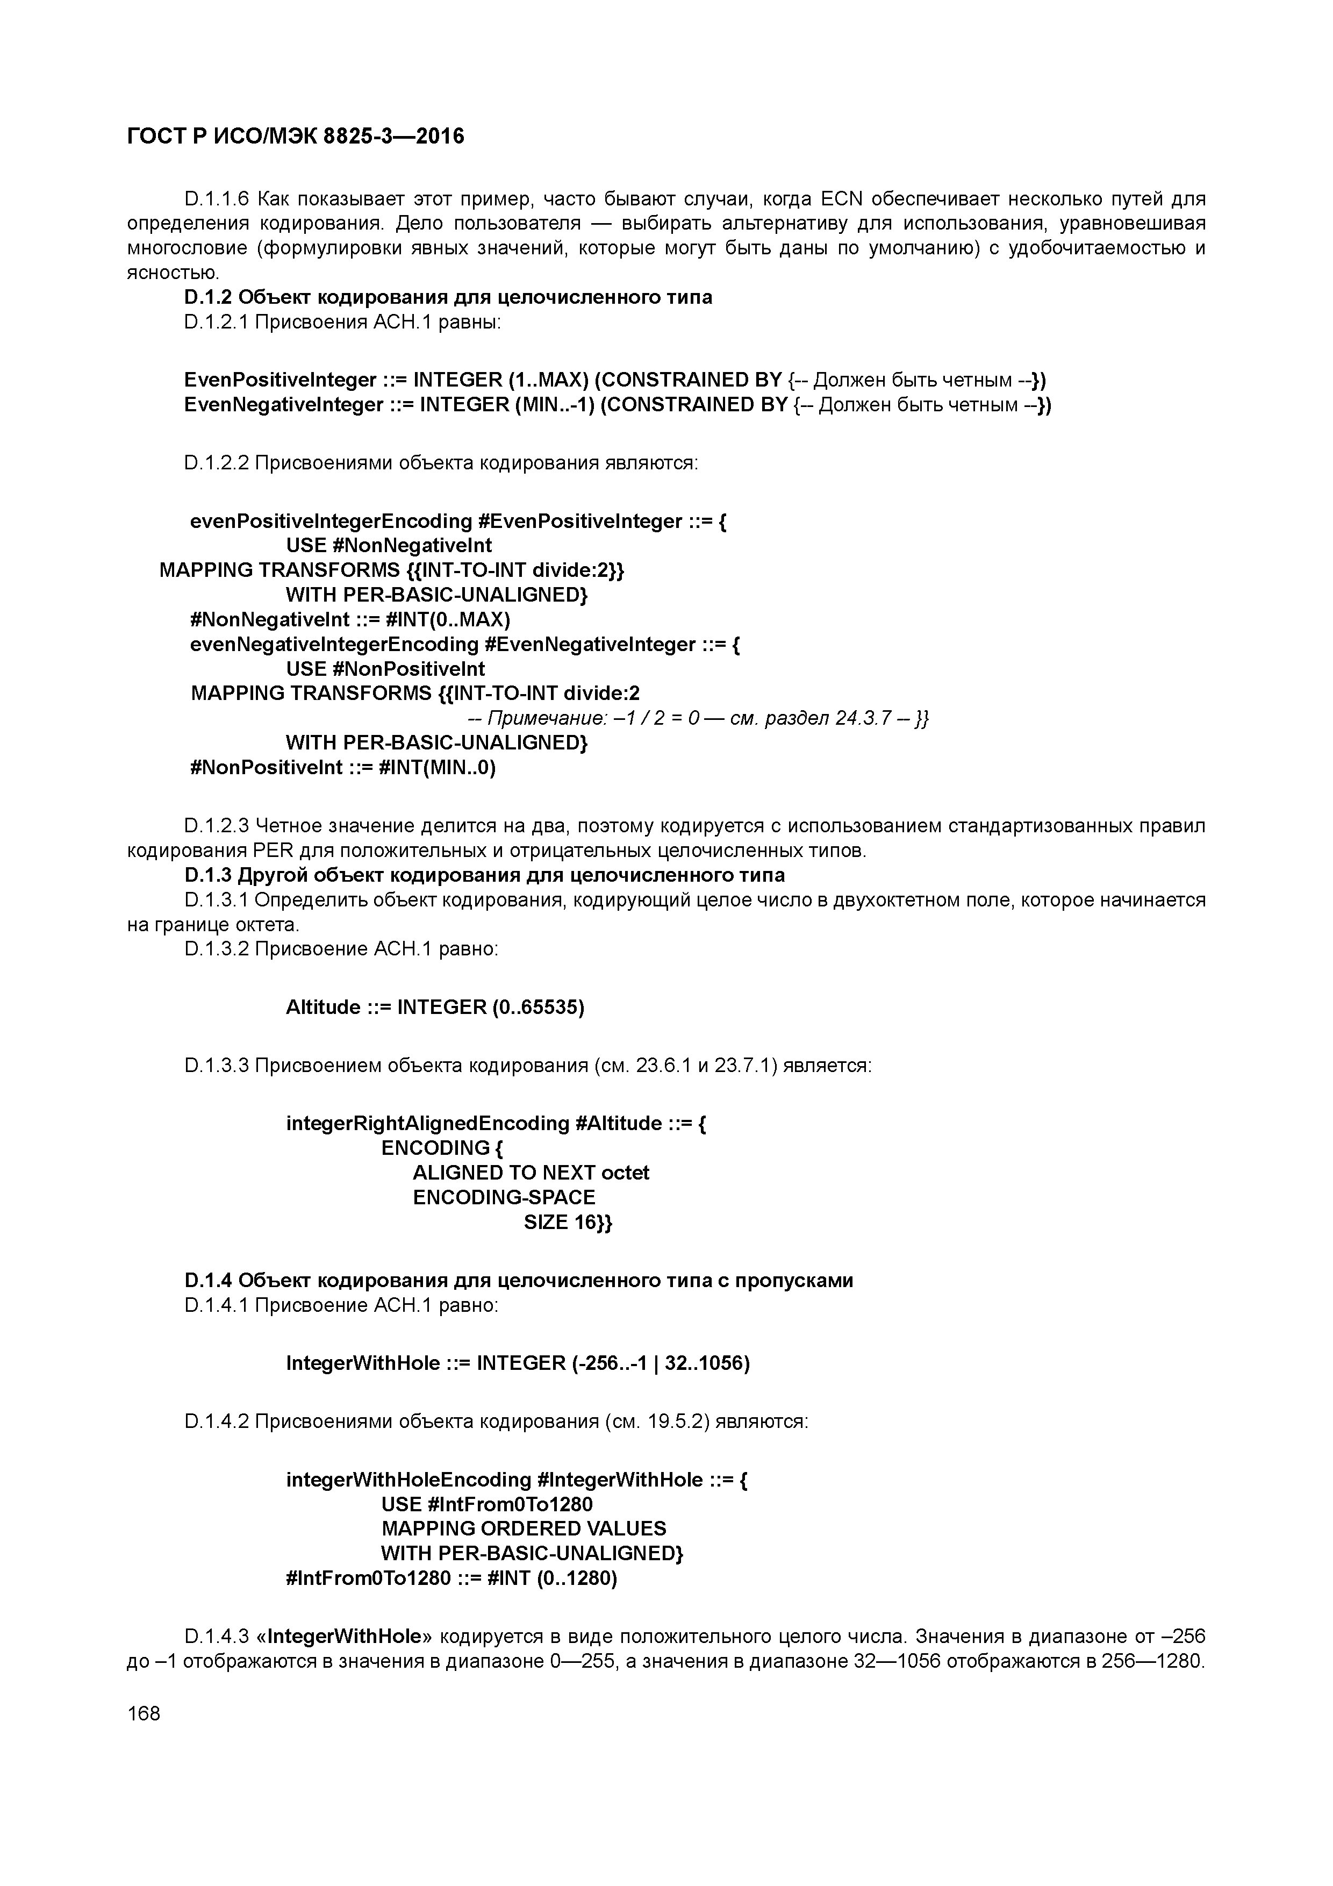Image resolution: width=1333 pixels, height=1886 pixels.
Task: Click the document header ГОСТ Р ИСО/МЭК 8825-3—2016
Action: pyautogui.click(x=296, y=137)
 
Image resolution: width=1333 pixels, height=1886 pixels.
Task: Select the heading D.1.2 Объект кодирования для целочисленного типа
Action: pyautogui.click(x=448, y=297)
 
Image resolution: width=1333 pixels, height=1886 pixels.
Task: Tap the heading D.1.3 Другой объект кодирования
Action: pyautogui.click(x=485, y=875)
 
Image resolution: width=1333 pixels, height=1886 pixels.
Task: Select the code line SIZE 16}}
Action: pyautogui.click(x=568, y=1222)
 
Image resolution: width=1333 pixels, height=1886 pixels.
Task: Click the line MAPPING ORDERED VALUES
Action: pyautogui.click(x=523, y=1528)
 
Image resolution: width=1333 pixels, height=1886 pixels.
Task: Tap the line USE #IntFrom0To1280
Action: pyautogui.click(x=486, y=1504)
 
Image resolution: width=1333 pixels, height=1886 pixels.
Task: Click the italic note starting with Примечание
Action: pyautogui.click(x=698, y=719)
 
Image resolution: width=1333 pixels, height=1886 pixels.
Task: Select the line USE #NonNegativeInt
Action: pyautogui.click(x=389, y=546)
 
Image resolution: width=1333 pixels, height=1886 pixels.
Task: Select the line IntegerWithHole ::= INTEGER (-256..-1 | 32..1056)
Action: pyautogui.click(x=518, y=1363)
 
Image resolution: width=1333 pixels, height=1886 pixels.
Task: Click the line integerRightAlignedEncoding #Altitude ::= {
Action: pyautogui.click(x=496, y=1123)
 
